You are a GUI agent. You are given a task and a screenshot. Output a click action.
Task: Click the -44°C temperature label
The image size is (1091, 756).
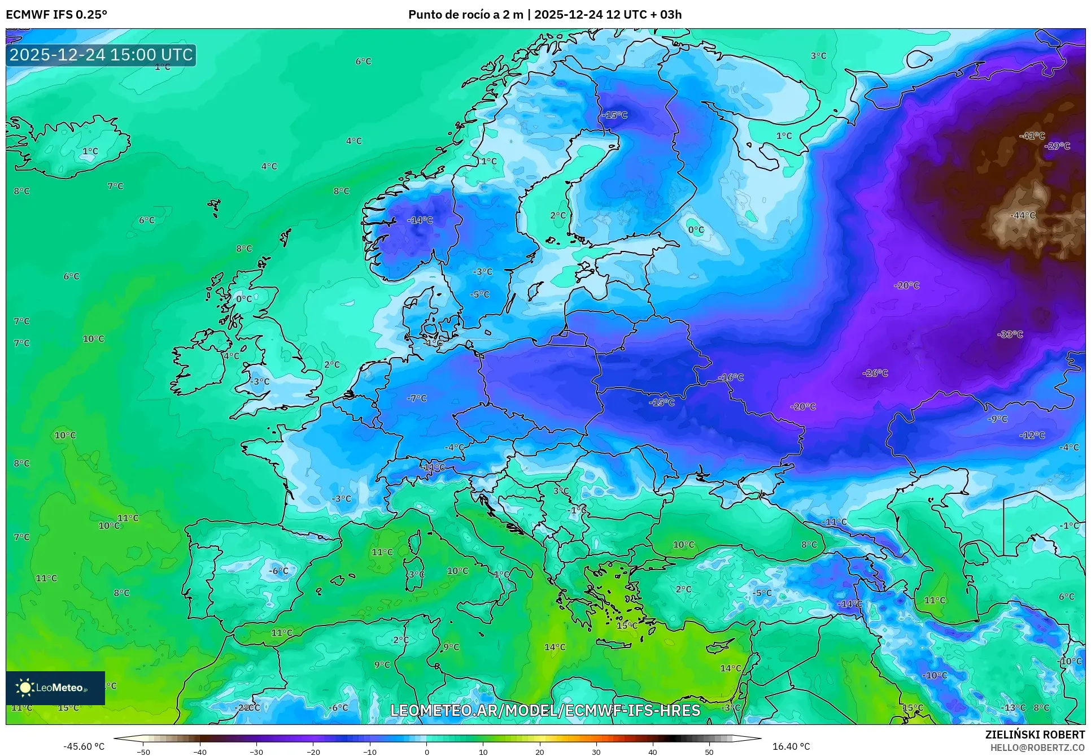(1023, 215)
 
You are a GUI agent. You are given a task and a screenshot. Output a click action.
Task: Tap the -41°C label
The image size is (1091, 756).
(1032, 136)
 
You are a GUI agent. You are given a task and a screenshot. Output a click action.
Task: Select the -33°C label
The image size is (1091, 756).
(1010, 334)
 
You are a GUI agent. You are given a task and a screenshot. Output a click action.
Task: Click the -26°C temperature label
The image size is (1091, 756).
(875, 373)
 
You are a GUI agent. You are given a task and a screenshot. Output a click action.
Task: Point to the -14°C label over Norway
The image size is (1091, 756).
(420, 220)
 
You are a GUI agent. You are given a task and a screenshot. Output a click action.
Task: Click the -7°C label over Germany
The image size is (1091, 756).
(417, 398)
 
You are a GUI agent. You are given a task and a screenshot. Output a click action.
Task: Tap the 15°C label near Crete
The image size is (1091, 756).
(627, 625)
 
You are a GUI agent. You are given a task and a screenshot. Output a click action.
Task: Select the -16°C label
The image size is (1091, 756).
(731, 377)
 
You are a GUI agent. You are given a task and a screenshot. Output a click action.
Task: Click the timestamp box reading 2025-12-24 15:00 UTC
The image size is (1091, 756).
(101, 55)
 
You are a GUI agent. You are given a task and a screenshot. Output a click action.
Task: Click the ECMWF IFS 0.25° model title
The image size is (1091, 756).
(56, 14)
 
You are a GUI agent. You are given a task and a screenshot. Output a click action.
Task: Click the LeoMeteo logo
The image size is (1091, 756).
(55, 688)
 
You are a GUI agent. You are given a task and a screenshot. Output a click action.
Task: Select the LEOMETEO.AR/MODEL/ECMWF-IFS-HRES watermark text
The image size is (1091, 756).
(545, 710)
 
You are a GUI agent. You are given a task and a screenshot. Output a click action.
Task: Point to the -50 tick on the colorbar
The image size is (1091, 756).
(143, 751)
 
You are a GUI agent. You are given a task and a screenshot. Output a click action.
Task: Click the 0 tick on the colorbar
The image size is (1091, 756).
(426, 751)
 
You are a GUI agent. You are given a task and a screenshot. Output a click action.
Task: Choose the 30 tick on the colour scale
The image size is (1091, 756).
(596, 751)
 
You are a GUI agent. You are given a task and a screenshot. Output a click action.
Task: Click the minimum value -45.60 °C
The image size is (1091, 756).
(84, 746)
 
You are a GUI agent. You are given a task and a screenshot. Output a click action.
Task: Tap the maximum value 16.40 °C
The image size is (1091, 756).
(791, 746)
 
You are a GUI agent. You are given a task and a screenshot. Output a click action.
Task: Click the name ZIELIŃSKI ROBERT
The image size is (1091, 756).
(1035, 735)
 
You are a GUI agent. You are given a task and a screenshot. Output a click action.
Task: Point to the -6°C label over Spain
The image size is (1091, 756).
(278, 571)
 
